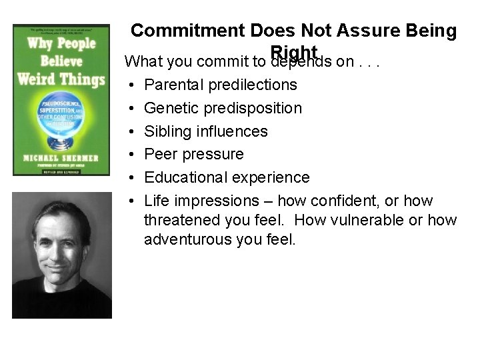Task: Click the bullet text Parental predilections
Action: (221, 85)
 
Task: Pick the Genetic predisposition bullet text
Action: (223, 108)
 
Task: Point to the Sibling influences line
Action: (206, 131)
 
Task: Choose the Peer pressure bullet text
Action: (194, 155)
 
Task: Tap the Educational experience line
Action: (227, 177)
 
